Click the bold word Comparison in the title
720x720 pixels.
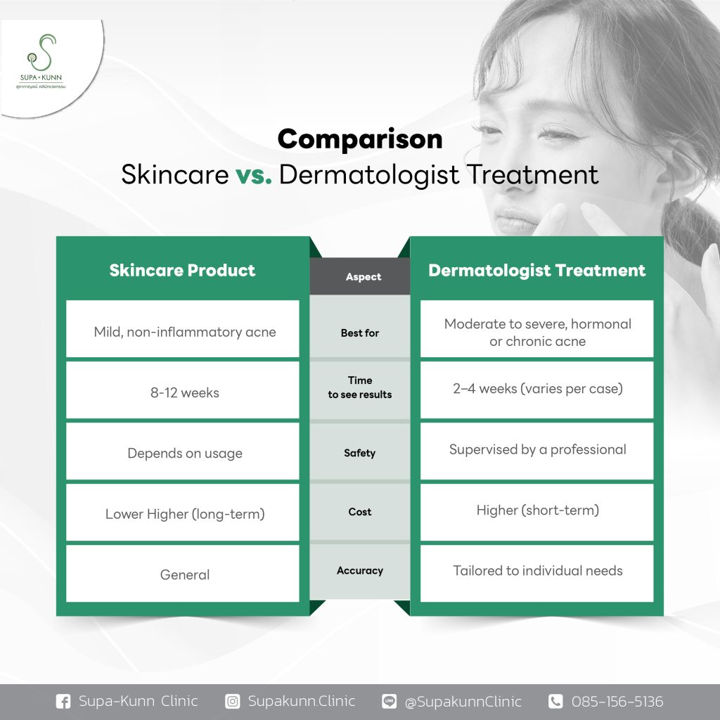[360, 139]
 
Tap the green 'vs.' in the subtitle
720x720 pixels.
[253, 175]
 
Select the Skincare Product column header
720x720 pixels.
[182, 270]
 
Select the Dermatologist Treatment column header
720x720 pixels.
[536, 270]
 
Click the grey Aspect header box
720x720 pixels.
[360, 276]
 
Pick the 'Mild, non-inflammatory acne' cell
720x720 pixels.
[183, 329]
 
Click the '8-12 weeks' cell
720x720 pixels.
[183, 390]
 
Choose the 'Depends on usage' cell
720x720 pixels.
[183, 451]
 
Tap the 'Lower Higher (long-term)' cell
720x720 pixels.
[183, 513]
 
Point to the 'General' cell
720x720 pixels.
[183, 574]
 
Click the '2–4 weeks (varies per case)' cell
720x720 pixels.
[536, 390]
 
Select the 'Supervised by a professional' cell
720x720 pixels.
[536, 451]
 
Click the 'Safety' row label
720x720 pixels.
[360, 454]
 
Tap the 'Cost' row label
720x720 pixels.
[360, 512]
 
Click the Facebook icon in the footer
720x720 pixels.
[63, 702]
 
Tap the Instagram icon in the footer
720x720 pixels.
[232, 702]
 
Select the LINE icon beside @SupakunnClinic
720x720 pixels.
[390, 701]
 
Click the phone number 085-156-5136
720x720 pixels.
[617, 702]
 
